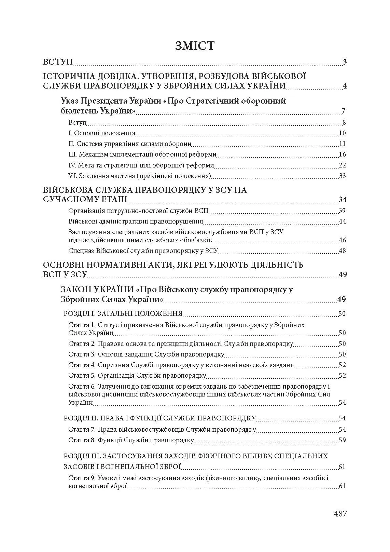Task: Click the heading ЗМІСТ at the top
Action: (195, 45)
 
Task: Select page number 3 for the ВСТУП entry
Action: (345, 62)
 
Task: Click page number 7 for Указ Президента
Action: (343, 111)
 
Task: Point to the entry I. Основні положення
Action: (102, 133)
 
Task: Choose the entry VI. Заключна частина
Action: (139, 176)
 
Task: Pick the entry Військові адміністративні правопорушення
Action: (136, 221)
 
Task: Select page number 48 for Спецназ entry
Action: (342, 251)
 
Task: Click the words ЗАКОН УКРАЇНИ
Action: (97, 290)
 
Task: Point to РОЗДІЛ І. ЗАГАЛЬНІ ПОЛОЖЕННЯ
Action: (123, 313)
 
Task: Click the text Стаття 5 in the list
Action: (82, 376)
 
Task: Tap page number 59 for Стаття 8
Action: (342, 440)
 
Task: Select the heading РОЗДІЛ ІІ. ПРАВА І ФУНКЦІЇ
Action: (160, 418)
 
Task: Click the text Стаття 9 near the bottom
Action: (82, 478)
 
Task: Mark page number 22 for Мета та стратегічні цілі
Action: (342, 165)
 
